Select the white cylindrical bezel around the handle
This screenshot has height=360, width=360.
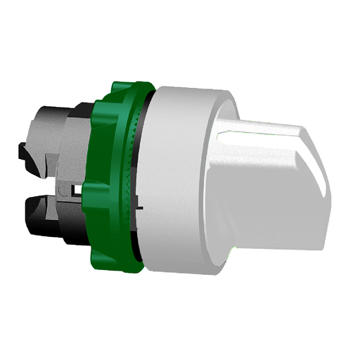[179, 176]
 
